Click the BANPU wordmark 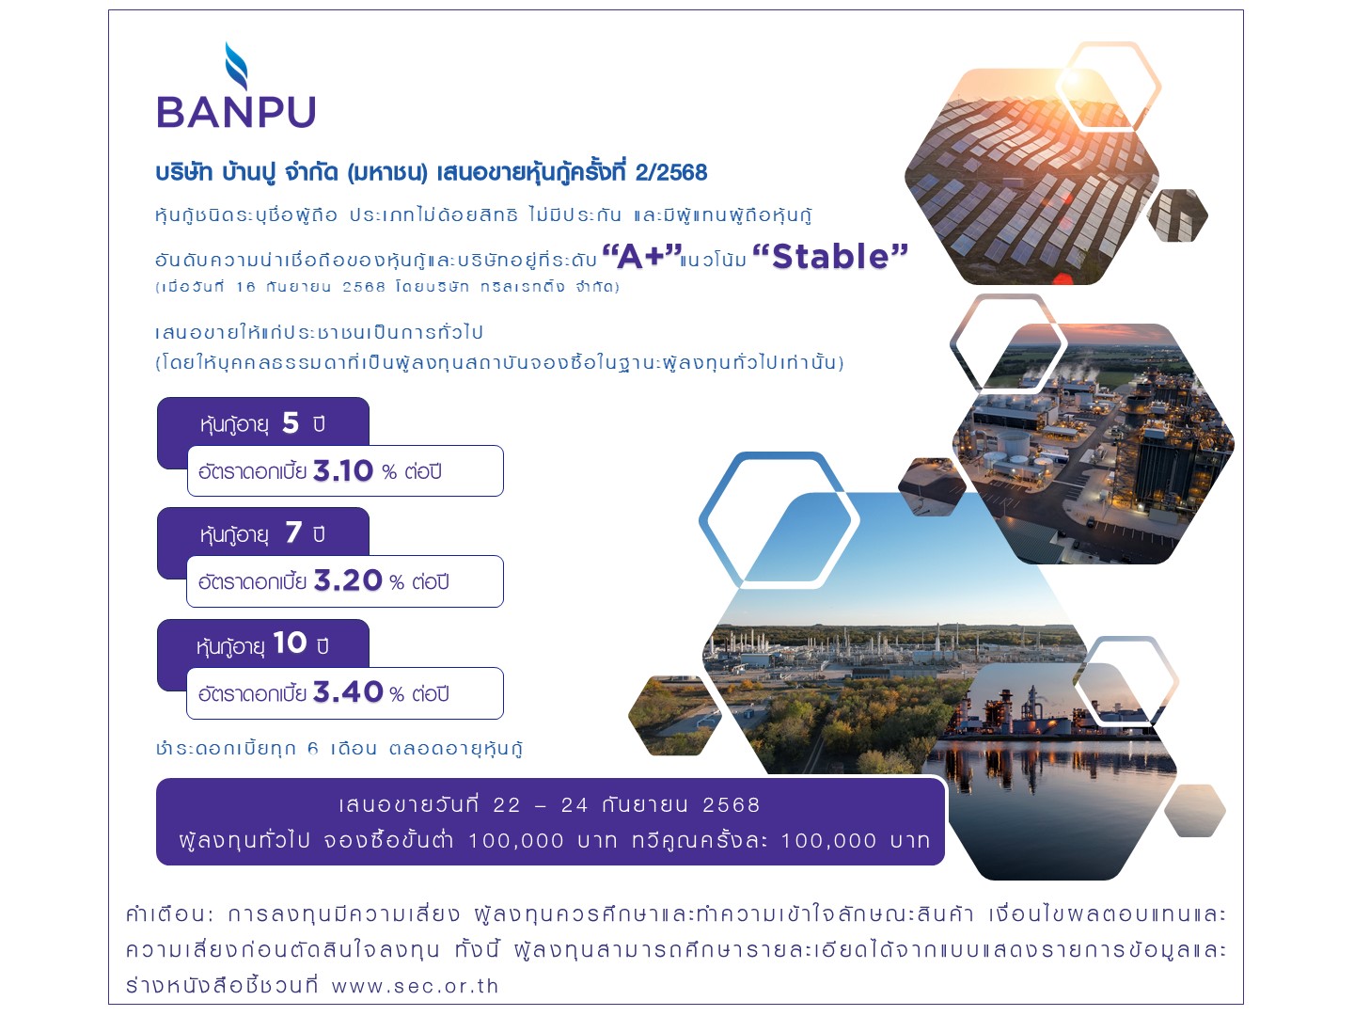(236, 112)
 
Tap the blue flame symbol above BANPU (236, 66)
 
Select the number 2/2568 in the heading (671, 173)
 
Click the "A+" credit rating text (641, 256)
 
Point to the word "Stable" (830, 256)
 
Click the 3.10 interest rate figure (343, 470)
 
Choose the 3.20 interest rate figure (348, 580)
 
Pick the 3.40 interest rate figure (348, 692)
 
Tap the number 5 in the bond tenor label (291, 423)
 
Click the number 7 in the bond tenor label (293, 532)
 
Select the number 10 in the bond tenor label (290, 643)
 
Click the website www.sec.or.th (416, 986)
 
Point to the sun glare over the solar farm (1074, 80)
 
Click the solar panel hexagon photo (1031, 177)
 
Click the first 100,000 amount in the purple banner (515, 841)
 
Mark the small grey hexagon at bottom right (1194, 811)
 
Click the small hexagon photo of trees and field (674, 716)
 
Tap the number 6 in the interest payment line (313, 749)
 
